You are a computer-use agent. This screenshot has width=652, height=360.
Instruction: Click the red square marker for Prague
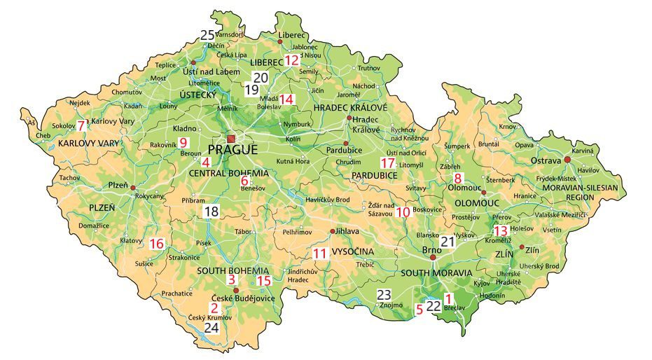[x=231, y=139]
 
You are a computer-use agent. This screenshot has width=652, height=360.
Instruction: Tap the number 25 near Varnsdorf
[x=207, y=35]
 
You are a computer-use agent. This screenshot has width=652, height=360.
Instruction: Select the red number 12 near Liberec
[x=292, y=61]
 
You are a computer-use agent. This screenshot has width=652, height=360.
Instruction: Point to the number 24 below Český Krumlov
[x=211, y=327]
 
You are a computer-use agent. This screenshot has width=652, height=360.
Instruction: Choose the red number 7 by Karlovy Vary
[x=81, y=126]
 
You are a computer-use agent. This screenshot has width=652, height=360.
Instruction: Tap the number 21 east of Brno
[x=448, y=242]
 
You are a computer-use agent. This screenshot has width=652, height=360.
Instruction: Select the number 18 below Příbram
[x=211, y=211]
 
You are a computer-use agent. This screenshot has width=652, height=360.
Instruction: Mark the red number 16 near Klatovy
[x=156, y=244]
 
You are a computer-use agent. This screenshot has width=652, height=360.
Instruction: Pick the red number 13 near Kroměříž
[x=500, y=230]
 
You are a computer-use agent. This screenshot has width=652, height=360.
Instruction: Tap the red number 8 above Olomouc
[x=459, y=178]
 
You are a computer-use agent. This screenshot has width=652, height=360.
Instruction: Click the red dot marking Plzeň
[x=132, y=187]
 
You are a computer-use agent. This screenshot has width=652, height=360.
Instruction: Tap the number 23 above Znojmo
[x=384, y=294]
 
